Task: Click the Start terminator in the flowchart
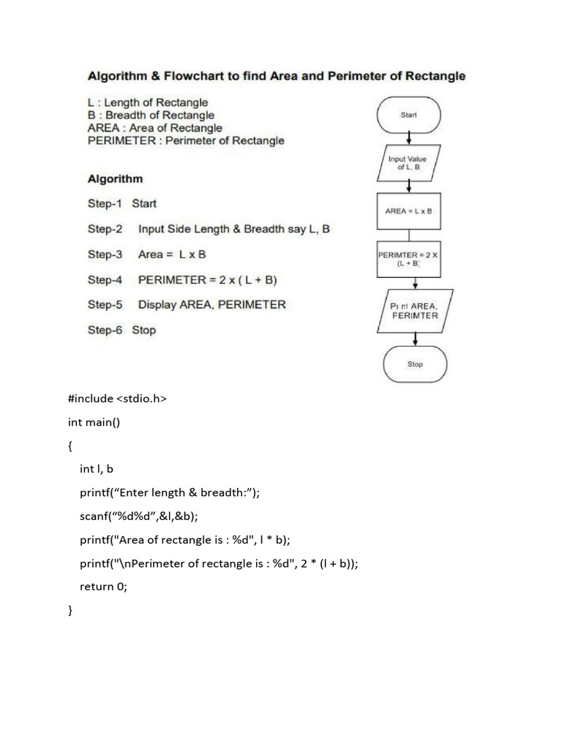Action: [408, 115]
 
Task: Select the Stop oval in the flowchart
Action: [415, 364]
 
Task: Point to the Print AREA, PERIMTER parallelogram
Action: [415, 311]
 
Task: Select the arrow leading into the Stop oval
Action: [415, 339]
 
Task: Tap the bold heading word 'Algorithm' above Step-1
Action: [115, 178]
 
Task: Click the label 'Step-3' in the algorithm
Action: [105, 255]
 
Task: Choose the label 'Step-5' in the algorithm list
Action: [105, 304]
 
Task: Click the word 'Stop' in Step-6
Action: [144, 330]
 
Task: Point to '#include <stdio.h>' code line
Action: [117, 399]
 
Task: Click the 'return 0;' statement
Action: [103, 586]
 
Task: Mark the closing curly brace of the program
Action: [70, 610]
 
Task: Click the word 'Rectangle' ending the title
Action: [427, 76]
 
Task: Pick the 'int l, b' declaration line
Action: [97, 469]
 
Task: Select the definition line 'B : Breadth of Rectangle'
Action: [151, 115]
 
